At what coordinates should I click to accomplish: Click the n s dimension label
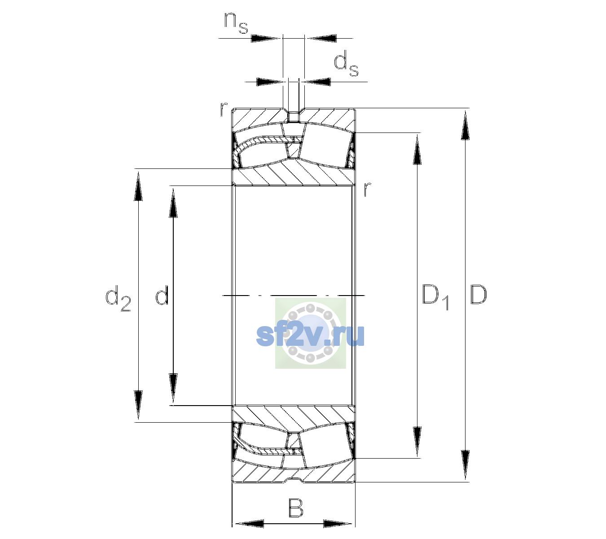tap(236, 23)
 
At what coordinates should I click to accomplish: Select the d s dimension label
tap(346, 63)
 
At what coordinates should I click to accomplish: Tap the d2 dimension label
tap(118, 298)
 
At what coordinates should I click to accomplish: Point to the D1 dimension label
tap(435, 297)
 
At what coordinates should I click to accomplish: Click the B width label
tap(295, 508)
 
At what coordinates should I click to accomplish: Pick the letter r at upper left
tap(224, 109)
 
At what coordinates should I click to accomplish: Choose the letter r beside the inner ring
tap(367, 189)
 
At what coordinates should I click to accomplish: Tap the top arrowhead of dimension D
tap(465, 125)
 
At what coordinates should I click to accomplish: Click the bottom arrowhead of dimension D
tap(465, 465)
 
